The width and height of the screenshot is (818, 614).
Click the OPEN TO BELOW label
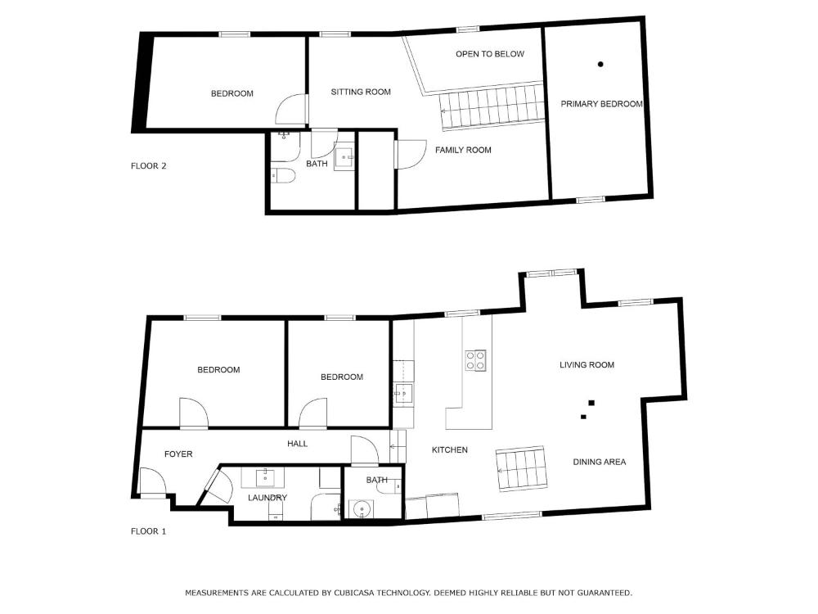point(489,54)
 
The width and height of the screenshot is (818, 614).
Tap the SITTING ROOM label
point(361,92)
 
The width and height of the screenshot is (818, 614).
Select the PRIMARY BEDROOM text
point(601,104)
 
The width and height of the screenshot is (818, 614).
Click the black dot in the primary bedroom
point(600,64)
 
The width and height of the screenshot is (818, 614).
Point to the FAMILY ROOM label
point(463,150)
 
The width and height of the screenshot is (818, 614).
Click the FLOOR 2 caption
point(148,166)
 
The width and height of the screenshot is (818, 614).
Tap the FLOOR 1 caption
point(148,531)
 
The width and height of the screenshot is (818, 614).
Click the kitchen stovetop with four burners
point(476,360)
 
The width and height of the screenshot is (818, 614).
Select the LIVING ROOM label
point(587,365)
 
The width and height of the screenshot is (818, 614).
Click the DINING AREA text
point(600,462)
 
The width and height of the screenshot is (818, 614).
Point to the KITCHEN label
point(450,449)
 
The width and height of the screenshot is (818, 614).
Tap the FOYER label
point(178,454)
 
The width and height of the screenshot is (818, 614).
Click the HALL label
point(298,444)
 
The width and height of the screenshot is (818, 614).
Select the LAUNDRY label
point(267,498)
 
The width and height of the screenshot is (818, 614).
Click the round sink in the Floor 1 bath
point(362,509)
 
